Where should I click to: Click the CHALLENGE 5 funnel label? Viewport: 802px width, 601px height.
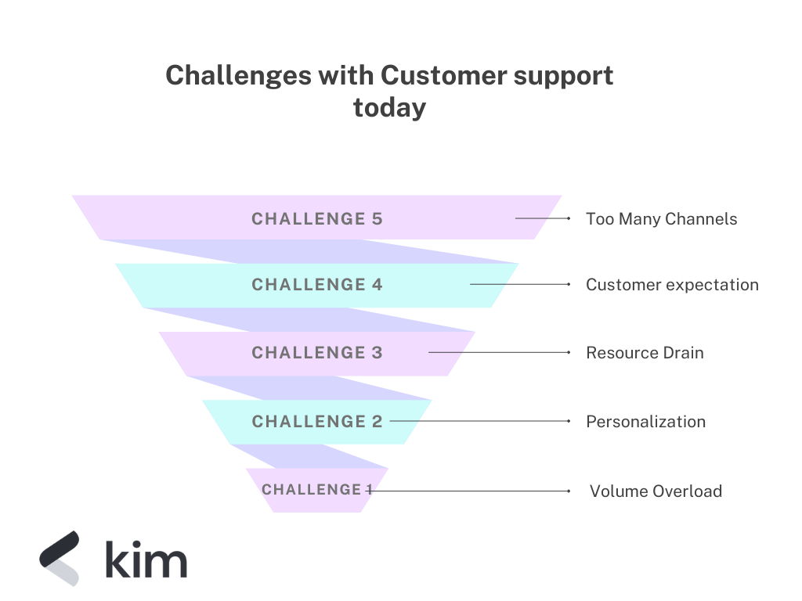316,219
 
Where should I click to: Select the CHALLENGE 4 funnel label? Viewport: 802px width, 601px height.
316,285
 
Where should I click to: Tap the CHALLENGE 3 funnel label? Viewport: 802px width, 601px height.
316,353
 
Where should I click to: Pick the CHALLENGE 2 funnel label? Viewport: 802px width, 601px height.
316,422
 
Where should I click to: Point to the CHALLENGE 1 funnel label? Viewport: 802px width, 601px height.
316,490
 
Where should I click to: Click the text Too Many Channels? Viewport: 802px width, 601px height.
661,219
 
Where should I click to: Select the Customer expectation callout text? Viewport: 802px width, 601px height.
672,285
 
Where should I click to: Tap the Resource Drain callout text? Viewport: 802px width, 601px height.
645,353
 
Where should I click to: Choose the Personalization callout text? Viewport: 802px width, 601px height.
645,422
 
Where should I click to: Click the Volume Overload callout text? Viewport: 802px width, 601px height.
656,491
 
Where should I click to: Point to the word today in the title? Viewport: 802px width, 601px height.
389,107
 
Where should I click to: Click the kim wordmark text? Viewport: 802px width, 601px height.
146,560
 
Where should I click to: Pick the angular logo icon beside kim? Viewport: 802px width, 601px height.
60,557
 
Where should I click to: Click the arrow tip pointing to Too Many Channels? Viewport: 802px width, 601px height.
569,219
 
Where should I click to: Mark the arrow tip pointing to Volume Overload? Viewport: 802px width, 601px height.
569,491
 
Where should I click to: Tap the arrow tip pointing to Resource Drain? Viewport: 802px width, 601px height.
569,353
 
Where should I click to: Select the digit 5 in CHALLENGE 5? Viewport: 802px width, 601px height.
377,219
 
